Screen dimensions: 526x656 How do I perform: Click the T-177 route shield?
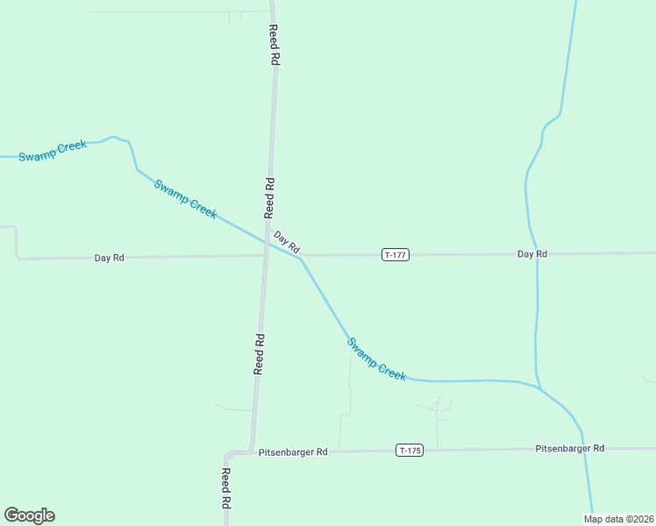point(396,254)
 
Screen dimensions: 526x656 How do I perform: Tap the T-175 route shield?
point(410,451)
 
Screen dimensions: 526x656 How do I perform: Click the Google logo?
point(29,515)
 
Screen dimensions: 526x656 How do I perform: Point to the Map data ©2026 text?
point(617,518)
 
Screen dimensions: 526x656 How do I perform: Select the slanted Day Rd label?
point(287,243)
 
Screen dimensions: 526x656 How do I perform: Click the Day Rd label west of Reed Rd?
point(110,258)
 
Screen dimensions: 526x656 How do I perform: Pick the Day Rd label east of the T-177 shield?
point(531,253)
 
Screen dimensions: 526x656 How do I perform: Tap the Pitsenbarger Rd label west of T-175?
point(293,452)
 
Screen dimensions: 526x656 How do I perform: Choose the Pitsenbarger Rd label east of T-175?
point(569,448)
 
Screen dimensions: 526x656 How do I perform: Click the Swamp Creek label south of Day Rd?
point(376,359)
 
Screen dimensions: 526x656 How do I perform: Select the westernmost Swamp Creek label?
point(53,151)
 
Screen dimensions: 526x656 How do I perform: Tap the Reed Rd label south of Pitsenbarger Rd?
point(225,489)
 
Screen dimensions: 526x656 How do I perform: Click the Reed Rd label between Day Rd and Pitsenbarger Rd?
point(259,353)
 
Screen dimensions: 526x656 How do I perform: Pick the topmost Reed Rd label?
point(274,45)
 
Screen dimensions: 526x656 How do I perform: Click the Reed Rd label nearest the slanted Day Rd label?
point(270,197)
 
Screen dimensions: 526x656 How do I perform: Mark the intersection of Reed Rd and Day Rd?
point(265,256)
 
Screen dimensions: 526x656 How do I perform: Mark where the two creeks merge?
point(540,388)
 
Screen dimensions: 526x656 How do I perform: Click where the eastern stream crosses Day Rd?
point(536,253)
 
